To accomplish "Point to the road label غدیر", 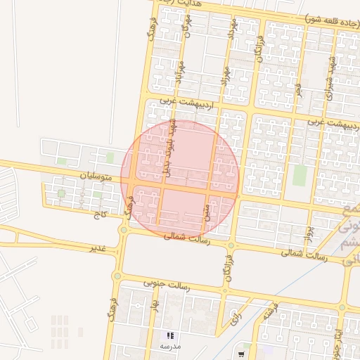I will point(96,249).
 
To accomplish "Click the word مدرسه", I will point(169,346).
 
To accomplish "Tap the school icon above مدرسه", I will point(169,335).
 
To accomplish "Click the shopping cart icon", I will point(241,354).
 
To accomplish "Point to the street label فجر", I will point(298,91).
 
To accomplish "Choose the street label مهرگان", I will point(186,27).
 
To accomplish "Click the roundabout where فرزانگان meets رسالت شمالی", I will point(231,245).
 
